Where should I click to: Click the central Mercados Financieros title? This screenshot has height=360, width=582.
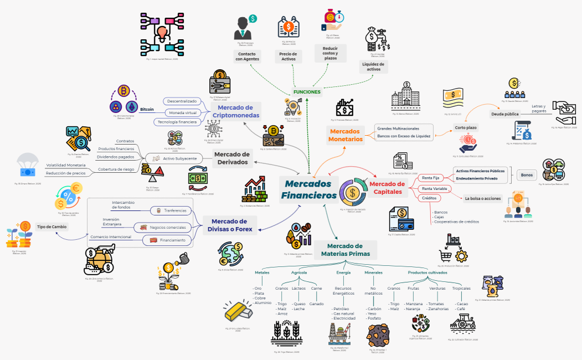coord(308,189)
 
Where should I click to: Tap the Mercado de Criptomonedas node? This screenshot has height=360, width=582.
coord(235,111)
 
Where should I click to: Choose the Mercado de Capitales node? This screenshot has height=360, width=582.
coord(387,188)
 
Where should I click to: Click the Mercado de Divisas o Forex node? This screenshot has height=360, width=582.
coord(229,225)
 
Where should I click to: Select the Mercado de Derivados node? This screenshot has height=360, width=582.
coord(231,158)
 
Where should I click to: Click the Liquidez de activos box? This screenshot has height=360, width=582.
coord(374,66)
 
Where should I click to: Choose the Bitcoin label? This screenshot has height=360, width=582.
coord(147,109)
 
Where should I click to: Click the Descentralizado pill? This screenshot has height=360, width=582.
coord(182,101)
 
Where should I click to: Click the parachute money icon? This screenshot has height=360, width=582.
coord(28,166)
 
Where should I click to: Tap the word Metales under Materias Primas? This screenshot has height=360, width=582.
coord(262,272)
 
